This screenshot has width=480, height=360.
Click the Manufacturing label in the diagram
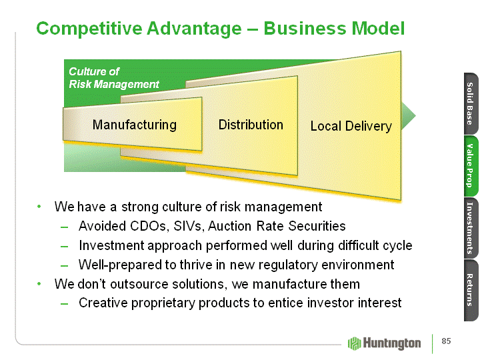pos(134,125)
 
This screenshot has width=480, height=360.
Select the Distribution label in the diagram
pos(251,125)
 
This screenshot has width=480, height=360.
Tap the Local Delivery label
pos(351,126)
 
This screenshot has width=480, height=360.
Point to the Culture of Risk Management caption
pos(114,78)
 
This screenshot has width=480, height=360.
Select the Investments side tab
pos(469,227)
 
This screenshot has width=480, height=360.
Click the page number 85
pos(446,342)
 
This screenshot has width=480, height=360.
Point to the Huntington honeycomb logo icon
pos(354,343)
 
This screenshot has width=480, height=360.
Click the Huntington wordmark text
pos(392,343)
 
